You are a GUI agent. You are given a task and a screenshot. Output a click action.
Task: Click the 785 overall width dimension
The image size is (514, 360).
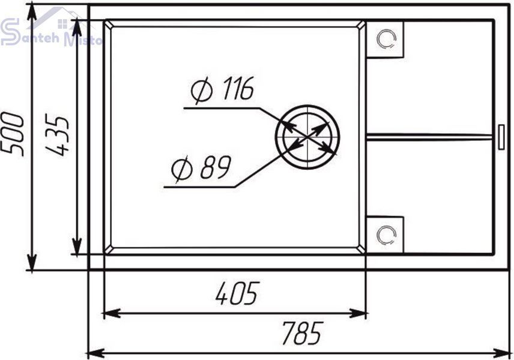303,333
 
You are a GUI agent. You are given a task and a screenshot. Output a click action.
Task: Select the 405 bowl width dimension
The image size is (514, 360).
238,293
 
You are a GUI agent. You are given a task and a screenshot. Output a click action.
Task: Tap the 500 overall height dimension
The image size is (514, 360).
13,134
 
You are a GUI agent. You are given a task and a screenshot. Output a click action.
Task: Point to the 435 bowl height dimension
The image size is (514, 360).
58,134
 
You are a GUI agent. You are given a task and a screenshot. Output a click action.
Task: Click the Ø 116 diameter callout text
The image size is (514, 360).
222,89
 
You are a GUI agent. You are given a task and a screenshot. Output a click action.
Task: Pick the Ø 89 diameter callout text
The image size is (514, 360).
201,168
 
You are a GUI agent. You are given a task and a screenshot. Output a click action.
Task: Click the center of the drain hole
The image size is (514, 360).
307,136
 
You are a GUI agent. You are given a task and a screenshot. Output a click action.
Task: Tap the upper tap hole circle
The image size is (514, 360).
387,39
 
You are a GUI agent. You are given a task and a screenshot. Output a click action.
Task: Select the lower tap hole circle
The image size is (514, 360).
387,235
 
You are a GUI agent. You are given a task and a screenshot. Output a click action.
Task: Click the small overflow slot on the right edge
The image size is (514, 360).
501,137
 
